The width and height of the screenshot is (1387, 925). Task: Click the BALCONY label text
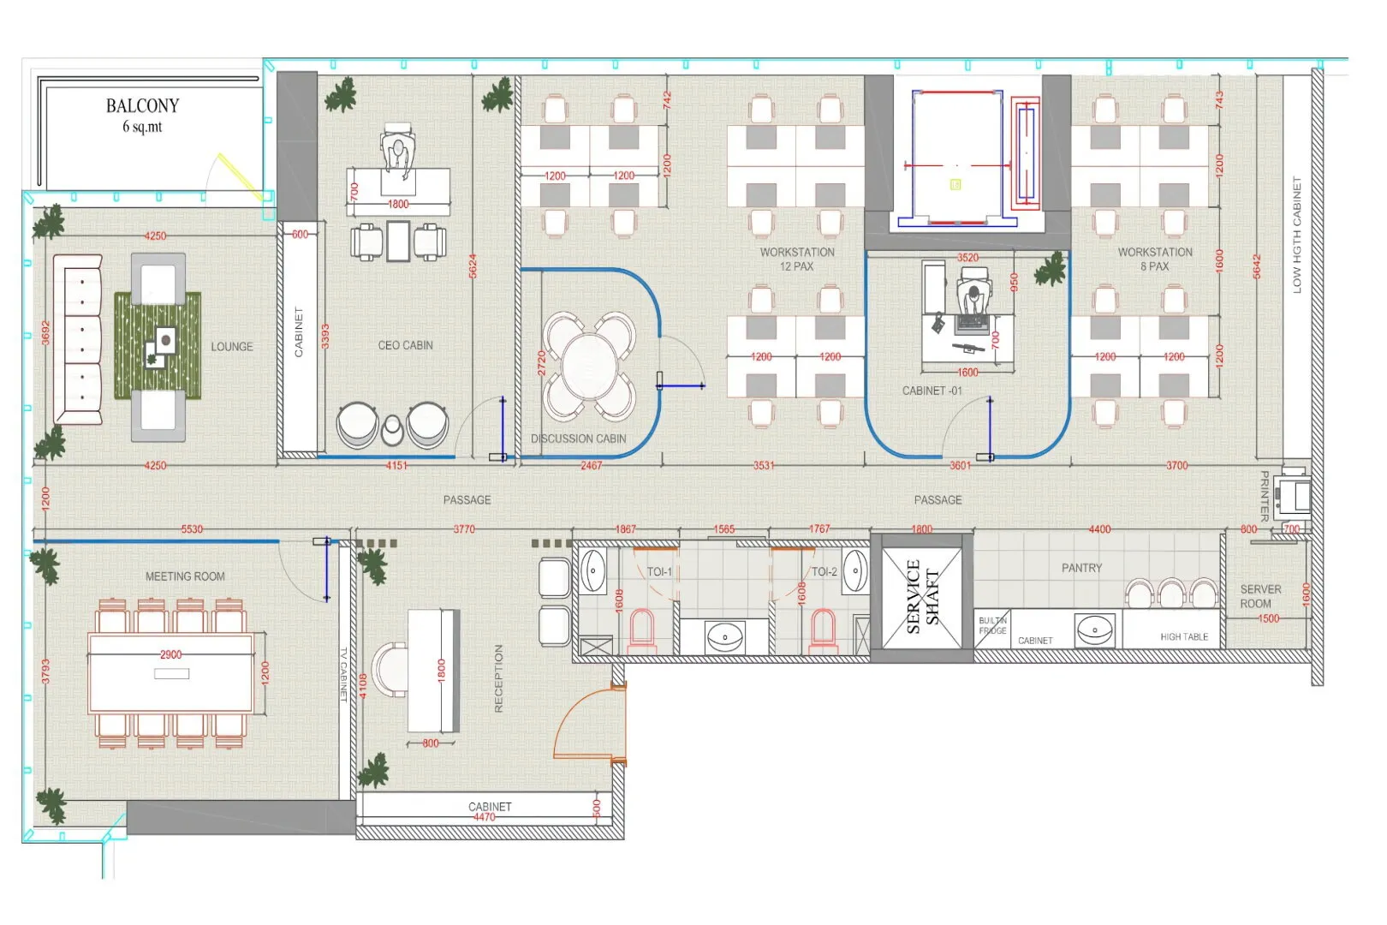tap(142, 106)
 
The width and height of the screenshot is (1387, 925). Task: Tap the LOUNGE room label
tap(232, 347)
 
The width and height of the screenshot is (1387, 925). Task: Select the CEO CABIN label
tap(405, 345)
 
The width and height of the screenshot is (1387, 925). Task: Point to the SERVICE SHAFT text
tap(922, 596)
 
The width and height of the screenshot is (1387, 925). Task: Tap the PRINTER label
tap(1264, 496)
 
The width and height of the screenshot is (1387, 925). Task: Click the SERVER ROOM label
tap(1260, 596)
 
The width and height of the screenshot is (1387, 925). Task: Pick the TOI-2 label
tap(824, 571)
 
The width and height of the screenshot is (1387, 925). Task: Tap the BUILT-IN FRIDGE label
tap(993, 625)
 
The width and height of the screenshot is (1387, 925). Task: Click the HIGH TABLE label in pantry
tap(1184, 636)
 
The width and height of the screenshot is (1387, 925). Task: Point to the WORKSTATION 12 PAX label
tap(797, 259)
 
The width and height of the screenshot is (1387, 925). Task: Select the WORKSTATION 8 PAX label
tap(1154, 259)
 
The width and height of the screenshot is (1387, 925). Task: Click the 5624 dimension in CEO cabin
tap(473, 266)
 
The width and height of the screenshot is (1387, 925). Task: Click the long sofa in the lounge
tap(78, 339)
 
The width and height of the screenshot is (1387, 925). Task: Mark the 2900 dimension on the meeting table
tap(170, 654)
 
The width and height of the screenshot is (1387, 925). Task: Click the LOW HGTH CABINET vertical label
tap(1296, 236)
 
